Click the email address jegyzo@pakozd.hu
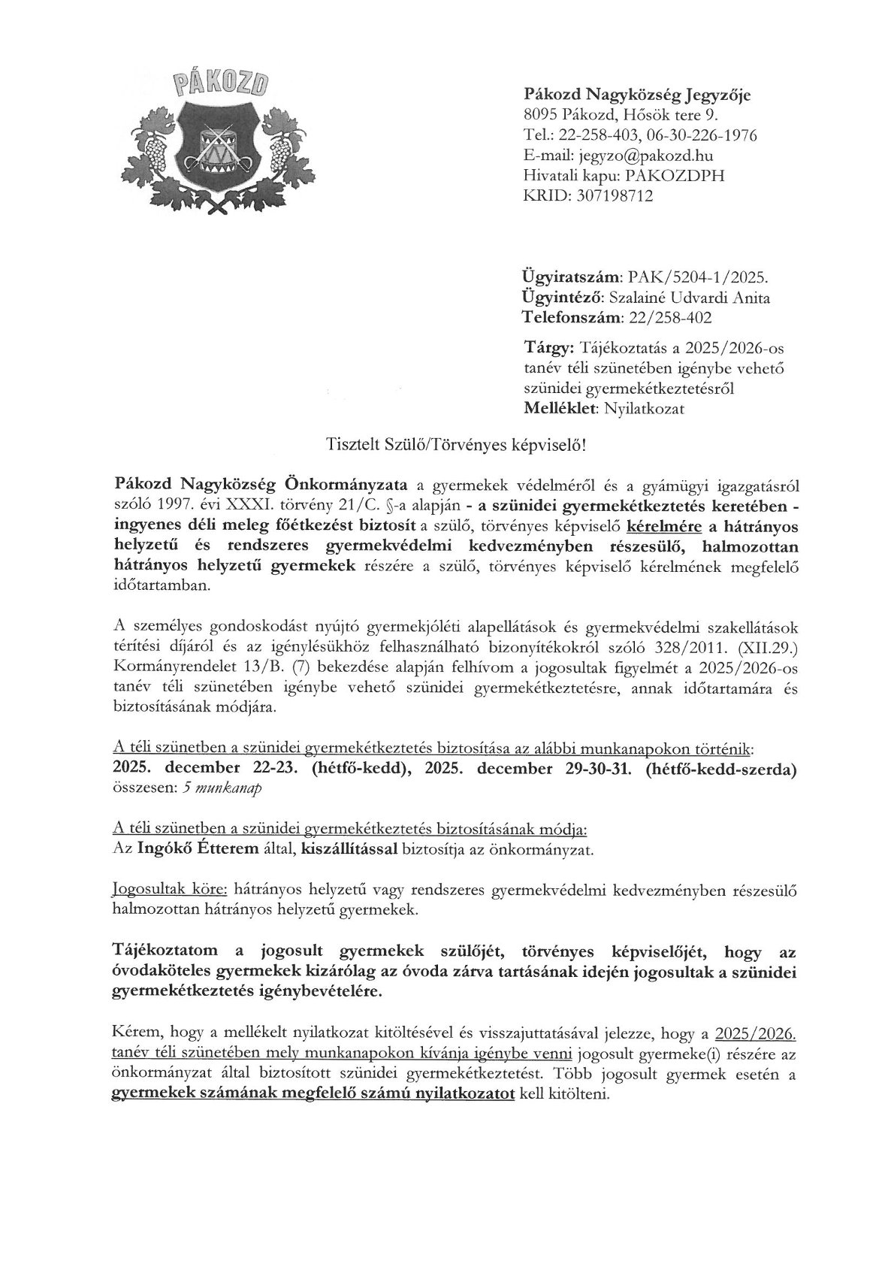tap(644, 156)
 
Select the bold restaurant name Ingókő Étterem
tap(196, 851)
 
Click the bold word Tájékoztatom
tap(168, 953)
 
